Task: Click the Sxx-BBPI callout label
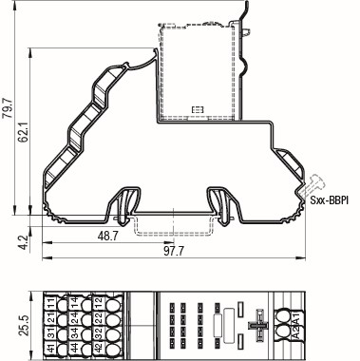coord(329,200)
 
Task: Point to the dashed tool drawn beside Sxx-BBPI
coord(316,182)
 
